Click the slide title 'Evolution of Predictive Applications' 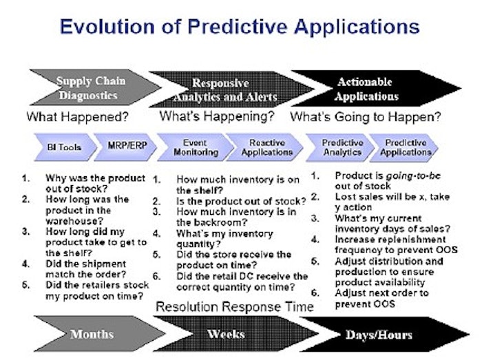click(x=240, y=27)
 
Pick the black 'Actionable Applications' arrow click(x=376, y=89)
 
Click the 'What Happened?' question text click(x=77, y=117)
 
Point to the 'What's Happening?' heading click(x=217, y=116)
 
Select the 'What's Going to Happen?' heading click(x=366, y=117)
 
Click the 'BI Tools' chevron click(x=65, y=147)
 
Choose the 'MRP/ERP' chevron click(x=125, y=147)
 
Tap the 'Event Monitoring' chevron click(x=196, y=147)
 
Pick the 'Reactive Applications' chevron click(x=265, y=147)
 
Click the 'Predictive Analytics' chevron click(x=340, y=148)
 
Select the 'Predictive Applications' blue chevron click(x=404, y=148)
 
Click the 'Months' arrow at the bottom click(x=99, y=334)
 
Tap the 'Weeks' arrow click(x=235, y=334)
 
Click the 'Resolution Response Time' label click(x=235, y=307)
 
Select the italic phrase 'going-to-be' click(x=413, y=176)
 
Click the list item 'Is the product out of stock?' click(x=241, y=201)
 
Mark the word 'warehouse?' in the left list click(x=74, y=221)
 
